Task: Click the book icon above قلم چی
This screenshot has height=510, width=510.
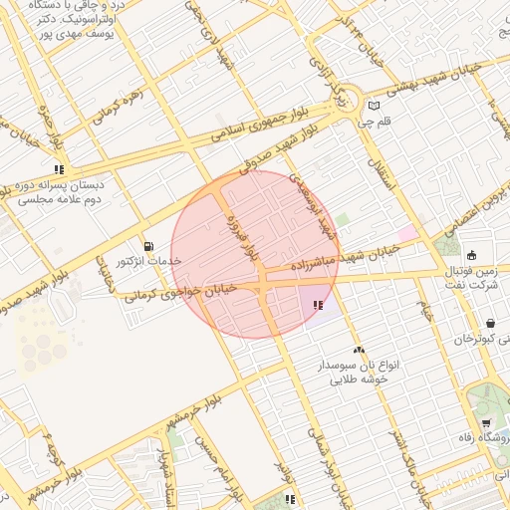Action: pos(375,107)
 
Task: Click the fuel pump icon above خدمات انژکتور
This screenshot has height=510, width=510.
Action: pos(148,246)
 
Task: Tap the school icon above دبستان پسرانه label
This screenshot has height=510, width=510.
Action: pos(59,169)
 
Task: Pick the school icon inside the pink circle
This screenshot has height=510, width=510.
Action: pos(318,306)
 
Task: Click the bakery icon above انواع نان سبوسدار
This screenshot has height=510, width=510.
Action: pos(358,350)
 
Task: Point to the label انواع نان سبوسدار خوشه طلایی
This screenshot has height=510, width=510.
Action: pos(358,372)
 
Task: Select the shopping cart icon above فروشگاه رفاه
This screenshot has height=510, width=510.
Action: pos(485,423)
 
